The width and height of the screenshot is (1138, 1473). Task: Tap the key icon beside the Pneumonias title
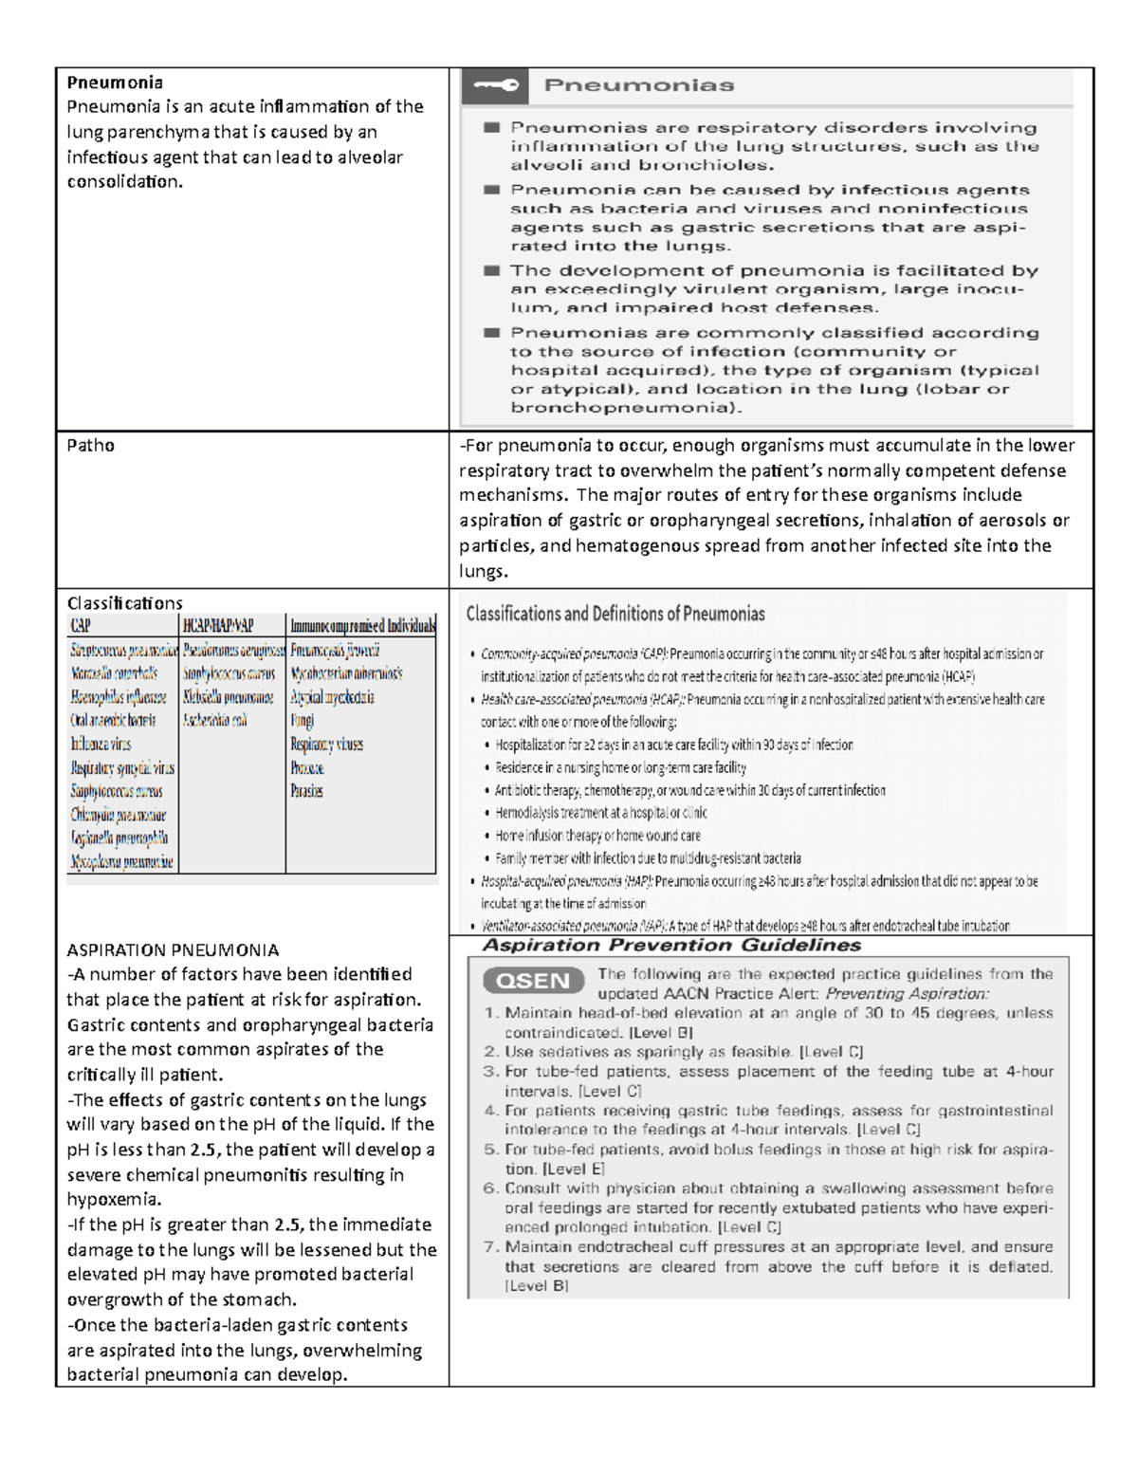coord(496,85)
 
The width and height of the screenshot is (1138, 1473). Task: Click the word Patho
coord(90,445)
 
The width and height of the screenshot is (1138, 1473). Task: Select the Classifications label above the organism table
coord(124,603)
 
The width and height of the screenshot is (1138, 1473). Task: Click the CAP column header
coord(81,626)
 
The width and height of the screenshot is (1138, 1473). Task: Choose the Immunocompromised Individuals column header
coord(362,626)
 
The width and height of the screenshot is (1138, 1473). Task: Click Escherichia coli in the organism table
coord(215,721)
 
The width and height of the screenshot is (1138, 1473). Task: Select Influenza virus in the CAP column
coord(101,745)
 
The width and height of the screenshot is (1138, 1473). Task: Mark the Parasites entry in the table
coord(306,791)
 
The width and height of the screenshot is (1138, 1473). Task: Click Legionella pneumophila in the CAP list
coord(119,838)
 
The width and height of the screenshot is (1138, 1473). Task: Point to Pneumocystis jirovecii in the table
coord(335,651)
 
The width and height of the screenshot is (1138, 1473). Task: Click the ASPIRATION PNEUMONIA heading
coord(173,949)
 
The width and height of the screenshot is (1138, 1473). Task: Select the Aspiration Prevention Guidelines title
coord(671,946)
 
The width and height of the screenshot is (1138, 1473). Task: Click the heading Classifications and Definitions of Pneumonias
coord(615,614)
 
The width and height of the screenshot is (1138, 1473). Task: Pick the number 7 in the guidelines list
coord(491,1247)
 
